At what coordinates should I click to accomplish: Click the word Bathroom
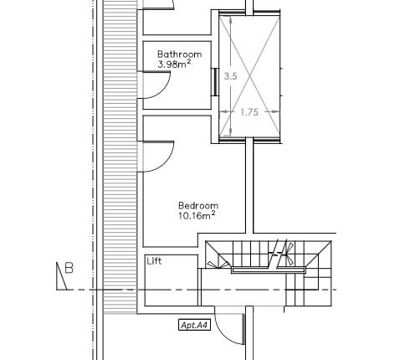click(179, 55)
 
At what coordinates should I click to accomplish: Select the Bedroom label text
click(198, 205)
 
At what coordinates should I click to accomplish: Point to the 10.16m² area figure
click(197, 216)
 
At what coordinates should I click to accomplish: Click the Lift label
click(154, 261)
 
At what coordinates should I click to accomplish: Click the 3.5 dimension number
click(232, 75)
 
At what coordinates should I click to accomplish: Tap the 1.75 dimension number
click(249, 111)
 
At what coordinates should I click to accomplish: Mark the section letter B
click(69, 269)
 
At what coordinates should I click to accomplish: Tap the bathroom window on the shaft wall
click(215, 81)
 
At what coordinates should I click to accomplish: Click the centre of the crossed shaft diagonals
click(249, 76)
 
